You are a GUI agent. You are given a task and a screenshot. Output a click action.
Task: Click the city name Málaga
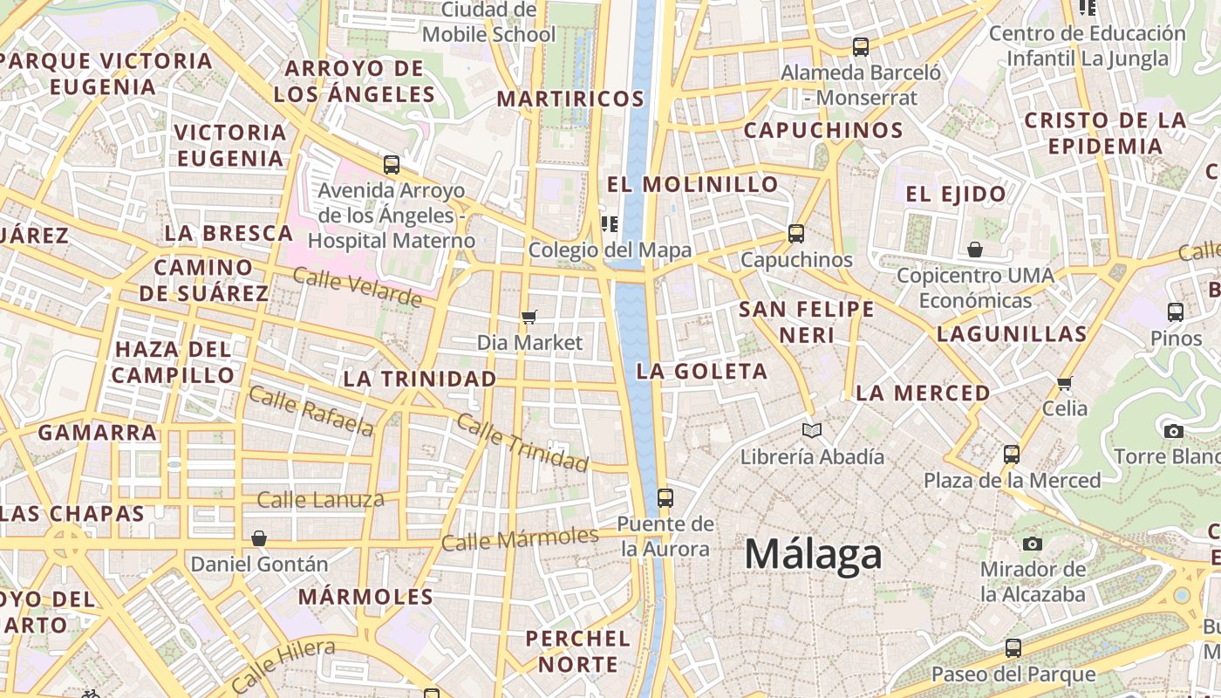[813, 555]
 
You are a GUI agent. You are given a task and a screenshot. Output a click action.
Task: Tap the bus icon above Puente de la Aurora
[665, 498]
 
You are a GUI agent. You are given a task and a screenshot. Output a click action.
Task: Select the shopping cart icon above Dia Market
[529, 317]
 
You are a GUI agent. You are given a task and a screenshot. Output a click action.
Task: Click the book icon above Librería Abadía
[811, 430]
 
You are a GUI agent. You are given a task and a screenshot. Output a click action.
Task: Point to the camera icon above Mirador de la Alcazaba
[1032, 544]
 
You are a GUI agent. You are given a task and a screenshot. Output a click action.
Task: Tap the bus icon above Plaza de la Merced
[1012, 455]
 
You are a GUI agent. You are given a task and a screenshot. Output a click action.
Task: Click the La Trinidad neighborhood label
[420, 379]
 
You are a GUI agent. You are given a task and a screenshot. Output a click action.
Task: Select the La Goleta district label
[702, 371]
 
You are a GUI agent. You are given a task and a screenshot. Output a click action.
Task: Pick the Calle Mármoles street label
[520, 538]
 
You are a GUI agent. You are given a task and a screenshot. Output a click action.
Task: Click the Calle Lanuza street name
[320, 500]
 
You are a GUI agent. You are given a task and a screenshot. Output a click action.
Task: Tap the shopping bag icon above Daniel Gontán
[259, 538]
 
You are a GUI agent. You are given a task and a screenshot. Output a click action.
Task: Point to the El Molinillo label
[692, 184]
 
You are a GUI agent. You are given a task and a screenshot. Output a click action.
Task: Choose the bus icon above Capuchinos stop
[795, 234]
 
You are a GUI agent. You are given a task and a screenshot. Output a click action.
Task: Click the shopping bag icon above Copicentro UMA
[975, 250]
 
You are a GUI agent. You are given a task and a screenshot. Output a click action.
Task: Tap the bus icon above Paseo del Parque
[1013, 648]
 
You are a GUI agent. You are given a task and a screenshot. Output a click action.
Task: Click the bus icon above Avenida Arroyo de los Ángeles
[392, 164]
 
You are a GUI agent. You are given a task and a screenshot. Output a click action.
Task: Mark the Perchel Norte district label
[577, 651]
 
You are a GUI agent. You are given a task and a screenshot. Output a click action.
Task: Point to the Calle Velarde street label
[358, 287]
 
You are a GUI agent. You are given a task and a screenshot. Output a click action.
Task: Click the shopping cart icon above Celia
[1064, 383]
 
